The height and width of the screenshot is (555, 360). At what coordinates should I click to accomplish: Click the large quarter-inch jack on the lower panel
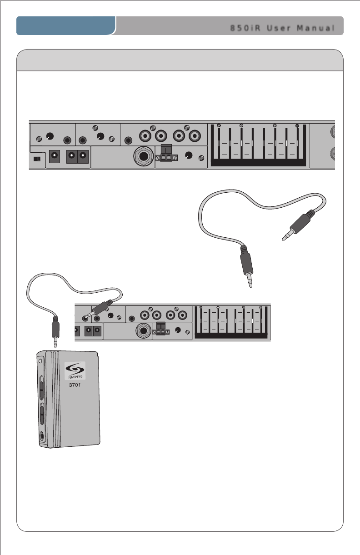(x=143, y=331)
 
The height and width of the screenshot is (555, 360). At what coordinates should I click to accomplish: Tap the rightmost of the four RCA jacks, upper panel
(x=195, y=135)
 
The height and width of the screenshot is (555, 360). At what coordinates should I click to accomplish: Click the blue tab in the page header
(x=66, y=26)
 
